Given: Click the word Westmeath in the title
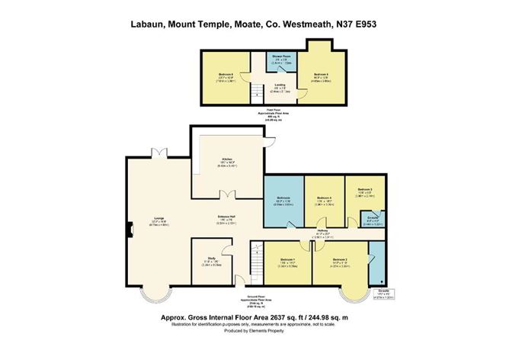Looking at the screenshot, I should [293, 25].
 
